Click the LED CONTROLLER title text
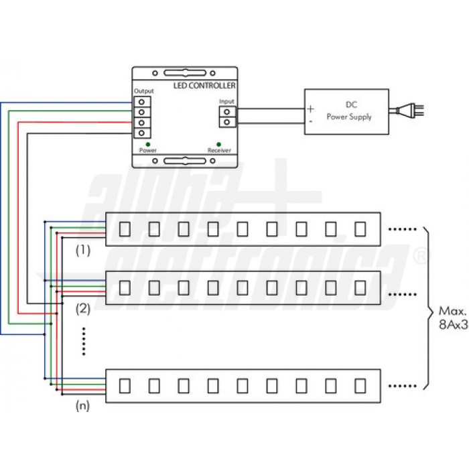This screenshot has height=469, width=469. [x=204, y=86]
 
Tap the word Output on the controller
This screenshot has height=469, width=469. [x=143, y=91]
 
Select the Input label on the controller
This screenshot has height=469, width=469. [x=226, y=101]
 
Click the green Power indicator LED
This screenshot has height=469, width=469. [x=148, y=145]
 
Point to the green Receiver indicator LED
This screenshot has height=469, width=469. [x=218, y=145]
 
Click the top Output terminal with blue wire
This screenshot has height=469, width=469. [x=142, y=102]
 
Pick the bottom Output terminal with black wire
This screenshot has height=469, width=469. [x=142, y=133]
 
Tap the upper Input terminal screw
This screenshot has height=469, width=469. [x=226, y=112]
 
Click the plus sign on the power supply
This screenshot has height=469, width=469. [x=310, y=109]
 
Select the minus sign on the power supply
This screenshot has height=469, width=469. [x=311, y=121]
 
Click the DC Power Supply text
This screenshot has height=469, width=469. [x=349, y=111]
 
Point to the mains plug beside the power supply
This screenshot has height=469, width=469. [x=407, y=111]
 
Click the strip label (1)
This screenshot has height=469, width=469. [x=83, y=251]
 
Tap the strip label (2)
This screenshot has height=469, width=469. [x=83, y=309]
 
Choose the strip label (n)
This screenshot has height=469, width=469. [x=82, y=405]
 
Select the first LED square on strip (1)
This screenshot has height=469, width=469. [x=125, y=229]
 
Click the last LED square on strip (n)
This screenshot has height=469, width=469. [x=360, y=386]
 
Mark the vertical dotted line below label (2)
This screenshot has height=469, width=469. [x=84, y=341]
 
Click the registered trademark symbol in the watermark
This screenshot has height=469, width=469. [x=421, y=257]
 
